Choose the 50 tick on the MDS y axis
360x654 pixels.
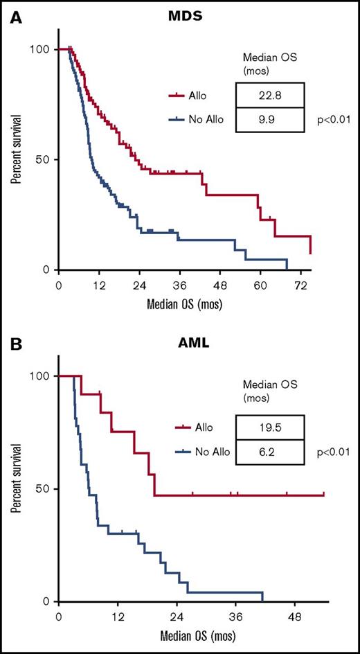click(x=42, y=159)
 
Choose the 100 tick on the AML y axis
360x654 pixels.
click(x=39, y=375)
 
